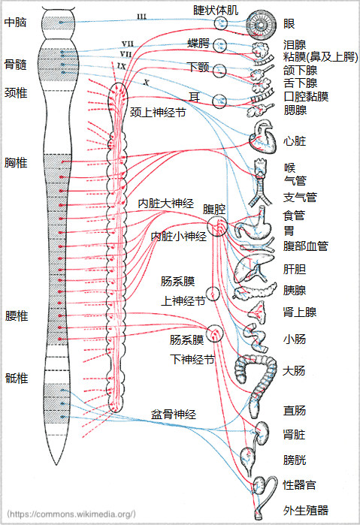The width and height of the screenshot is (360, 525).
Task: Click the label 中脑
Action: (x=16, y=23)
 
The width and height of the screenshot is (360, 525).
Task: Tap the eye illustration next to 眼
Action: (x=262, y=24)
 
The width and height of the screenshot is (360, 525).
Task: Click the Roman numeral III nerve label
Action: (x=142, y=17)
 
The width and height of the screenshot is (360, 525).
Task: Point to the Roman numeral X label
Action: (x=146, y=82)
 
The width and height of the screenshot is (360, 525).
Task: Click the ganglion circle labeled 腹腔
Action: (x=217, y=226)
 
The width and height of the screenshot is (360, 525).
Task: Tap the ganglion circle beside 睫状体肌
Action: (x=221, y=23)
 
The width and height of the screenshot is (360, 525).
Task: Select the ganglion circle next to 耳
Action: (x=219, y=101)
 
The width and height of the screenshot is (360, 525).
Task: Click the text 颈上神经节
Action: (x=158, y=113)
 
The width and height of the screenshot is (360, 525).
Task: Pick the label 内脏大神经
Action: (x=166, y=204)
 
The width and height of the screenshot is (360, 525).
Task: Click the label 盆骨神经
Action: (x=174, y=415)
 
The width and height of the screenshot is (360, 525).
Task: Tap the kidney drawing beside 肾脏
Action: (x=262, y=433)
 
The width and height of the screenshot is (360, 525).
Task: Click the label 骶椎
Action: (x=17, y=379)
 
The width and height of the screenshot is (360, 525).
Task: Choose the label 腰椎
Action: (x=17, y=315)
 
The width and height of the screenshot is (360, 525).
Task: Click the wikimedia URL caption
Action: (x=71, y=514)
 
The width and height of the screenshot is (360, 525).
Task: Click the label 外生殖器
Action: (x=306, y=510)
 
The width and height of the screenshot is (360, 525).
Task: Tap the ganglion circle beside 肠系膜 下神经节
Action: (x=214, y=333)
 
